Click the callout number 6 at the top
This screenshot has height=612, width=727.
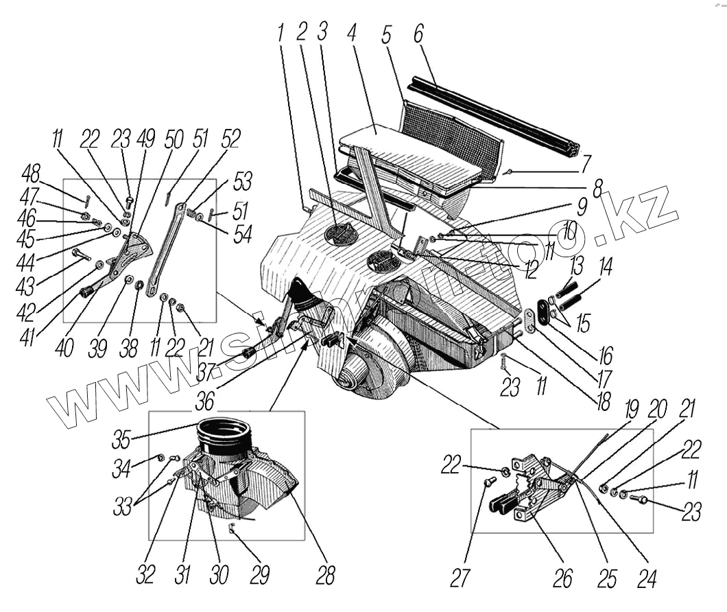coord(418,32)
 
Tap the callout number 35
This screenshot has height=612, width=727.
coord(122,437)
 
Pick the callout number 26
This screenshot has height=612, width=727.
coord(562,578)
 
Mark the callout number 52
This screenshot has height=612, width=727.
coord(230,139)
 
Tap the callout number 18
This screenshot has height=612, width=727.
coord(603,401)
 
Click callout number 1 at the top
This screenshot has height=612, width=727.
coord(280,32)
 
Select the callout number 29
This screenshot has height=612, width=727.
coord(259,575)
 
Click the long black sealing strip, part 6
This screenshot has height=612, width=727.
coord(494,117)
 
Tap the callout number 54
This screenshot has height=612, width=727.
coord(243,235)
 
